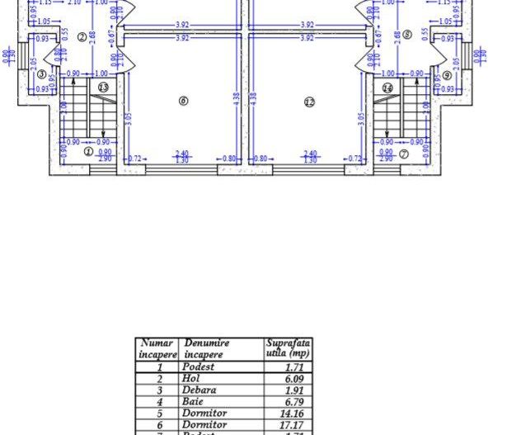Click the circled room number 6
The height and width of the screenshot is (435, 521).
click(x=183, y=101)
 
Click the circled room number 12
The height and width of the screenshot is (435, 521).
click(x=309, y=102)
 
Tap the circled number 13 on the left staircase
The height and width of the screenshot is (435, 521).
click(x=103, y=87)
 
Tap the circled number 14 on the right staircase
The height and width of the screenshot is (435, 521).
click(x=387, y=87)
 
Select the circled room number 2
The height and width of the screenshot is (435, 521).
click(x=82, y=36)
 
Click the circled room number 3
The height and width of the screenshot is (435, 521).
click(x=41, y=74)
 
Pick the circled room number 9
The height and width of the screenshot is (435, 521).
click(x=447, y=75)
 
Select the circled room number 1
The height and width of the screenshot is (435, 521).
click(x=88, y=151)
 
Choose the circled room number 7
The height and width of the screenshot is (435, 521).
click(x=403, y=154)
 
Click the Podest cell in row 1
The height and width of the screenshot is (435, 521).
click(x=199, y=366)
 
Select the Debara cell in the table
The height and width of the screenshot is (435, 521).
click(x=199, y=390)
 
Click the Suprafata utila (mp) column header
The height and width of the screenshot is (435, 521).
click(x=288, y=348)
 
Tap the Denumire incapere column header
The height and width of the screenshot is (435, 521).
click(x=207, y=348)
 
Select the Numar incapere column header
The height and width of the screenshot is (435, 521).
click(x=157, y=348)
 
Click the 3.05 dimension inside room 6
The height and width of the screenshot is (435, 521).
click(x=130, y=118)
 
